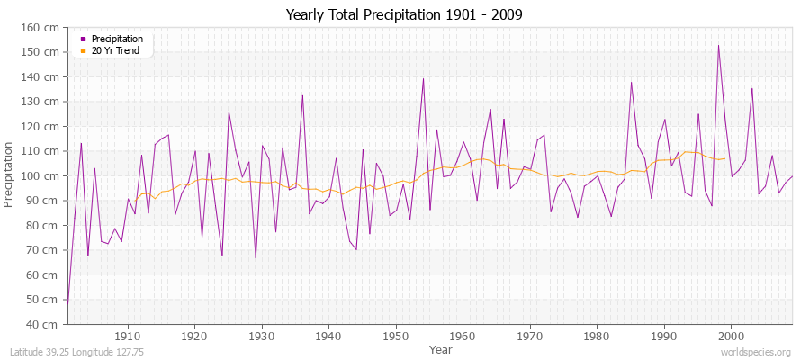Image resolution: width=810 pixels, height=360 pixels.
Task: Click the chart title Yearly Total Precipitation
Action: coord(404,15)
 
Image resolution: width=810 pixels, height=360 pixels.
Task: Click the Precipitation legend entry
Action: coord(117,39)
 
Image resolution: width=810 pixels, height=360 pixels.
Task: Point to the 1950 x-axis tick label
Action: coord(395,336)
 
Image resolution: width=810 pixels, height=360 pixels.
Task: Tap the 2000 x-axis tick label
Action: coord(730,336)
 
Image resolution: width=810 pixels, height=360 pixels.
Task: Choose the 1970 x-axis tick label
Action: coord(529,336)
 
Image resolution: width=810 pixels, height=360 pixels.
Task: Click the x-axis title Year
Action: coord(441,348)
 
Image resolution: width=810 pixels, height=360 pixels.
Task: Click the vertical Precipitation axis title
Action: coord(10,175)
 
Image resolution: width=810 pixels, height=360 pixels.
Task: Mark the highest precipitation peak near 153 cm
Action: coord(718,45)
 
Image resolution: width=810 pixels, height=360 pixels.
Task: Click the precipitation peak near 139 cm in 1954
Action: coord(423,78)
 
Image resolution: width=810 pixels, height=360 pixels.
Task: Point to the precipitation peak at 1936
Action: coord(302,95)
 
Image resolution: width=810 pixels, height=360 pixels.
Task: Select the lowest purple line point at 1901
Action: coord(68,300)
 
